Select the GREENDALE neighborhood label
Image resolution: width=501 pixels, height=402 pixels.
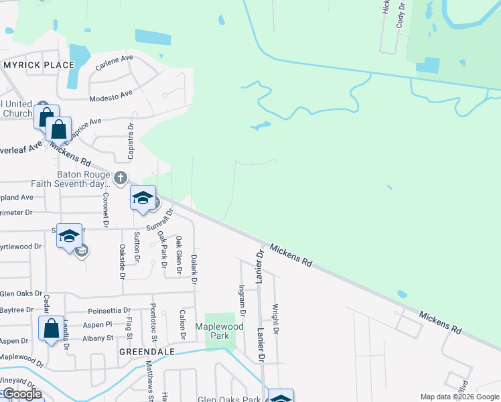point(147,351)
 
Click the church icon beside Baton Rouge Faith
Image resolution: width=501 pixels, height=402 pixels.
point(120,178)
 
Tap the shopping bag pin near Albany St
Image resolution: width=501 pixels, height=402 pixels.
point(52,329)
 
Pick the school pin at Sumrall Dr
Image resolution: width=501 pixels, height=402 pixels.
point(143,198)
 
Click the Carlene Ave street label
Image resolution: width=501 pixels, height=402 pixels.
point(114,64)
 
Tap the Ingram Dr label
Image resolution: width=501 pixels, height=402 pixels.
point(242,299)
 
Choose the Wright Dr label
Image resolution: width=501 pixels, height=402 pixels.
point(275,319)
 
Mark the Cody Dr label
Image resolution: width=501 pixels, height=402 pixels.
point(401,14)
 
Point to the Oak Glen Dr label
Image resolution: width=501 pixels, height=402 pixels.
point(179,255)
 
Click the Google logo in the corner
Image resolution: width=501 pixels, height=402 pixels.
point(22,393)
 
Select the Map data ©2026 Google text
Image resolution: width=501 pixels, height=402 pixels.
point(459,397)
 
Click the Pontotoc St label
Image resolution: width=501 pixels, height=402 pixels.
point(153,319)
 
